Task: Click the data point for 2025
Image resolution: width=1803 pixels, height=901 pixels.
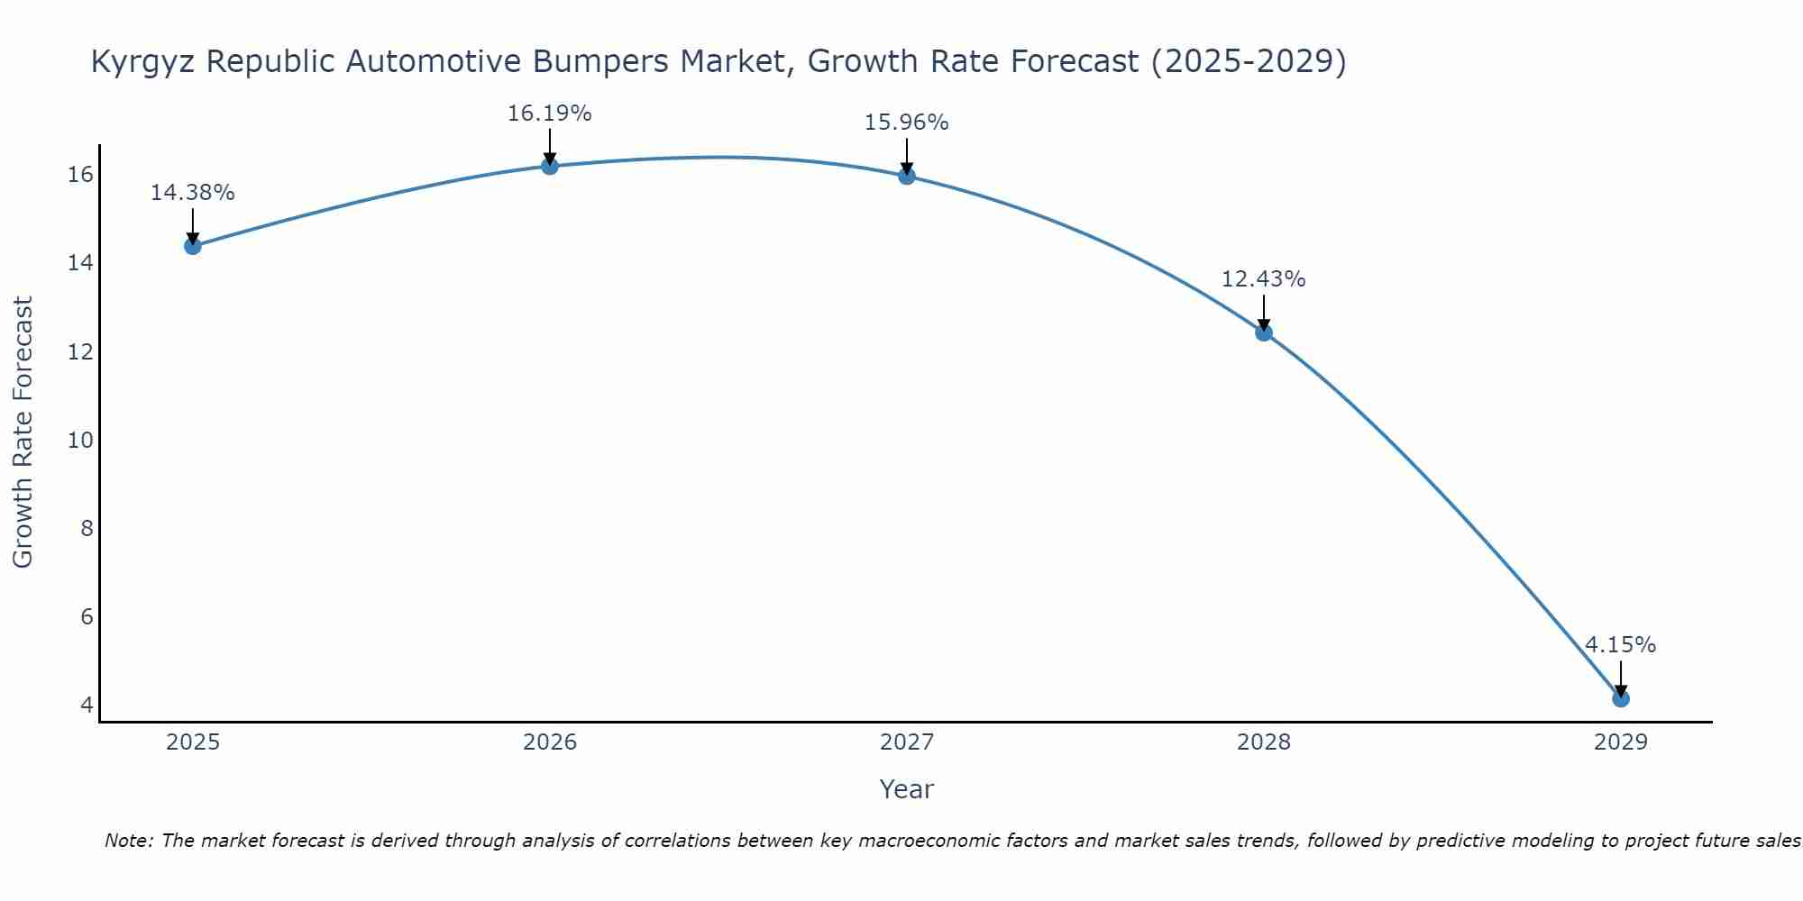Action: (192, 246)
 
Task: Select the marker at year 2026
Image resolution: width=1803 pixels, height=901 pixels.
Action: (550, 166)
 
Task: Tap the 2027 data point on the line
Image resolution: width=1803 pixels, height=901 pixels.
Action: (907, 176)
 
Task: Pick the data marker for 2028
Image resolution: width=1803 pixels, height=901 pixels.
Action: (1264, 332)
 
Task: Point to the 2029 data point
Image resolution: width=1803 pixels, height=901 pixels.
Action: (1620, 698)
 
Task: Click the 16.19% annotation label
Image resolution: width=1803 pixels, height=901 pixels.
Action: (549, 114)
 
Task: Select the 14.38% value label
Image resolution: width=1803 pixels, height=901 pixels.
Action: (192, 193)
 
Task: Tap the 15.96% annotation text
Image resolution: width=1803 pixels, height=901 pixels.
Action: (906, 123)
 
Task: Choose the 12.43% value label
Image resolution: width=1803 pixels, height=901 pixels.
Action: (1263, 279)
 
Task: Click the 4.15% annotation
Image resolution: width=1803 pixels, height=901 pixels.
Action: (1620, 645)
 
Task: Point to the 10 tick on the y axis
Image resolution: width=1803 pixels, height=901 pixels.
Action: (81, 440)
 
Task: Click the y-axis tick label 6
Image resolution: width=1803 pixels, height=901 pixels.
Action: (87, 616)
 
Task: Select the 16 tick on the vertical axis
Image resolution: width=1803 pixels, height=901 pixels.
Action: (81, 174)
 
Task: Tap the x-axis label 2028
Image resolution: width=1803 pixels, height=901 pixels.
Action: (1264, 742)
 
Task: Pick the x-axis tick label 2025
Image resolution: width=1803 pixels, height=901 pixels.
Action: (193, 742)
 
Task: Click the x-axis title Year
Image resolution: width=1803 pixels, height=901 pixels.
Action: (906, 789)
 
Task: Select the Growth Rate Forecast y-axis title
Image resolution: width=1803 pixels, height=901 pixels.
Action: (23, 432)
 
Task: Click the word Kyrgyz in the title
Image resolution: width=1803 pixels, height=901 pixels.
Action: (144, 62)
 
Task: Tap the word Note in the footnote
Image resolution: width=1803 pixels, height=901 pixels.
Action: (130, 841)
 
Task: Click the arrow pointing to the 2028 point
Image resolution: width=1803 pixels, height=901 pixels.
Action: (1264, 313)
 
